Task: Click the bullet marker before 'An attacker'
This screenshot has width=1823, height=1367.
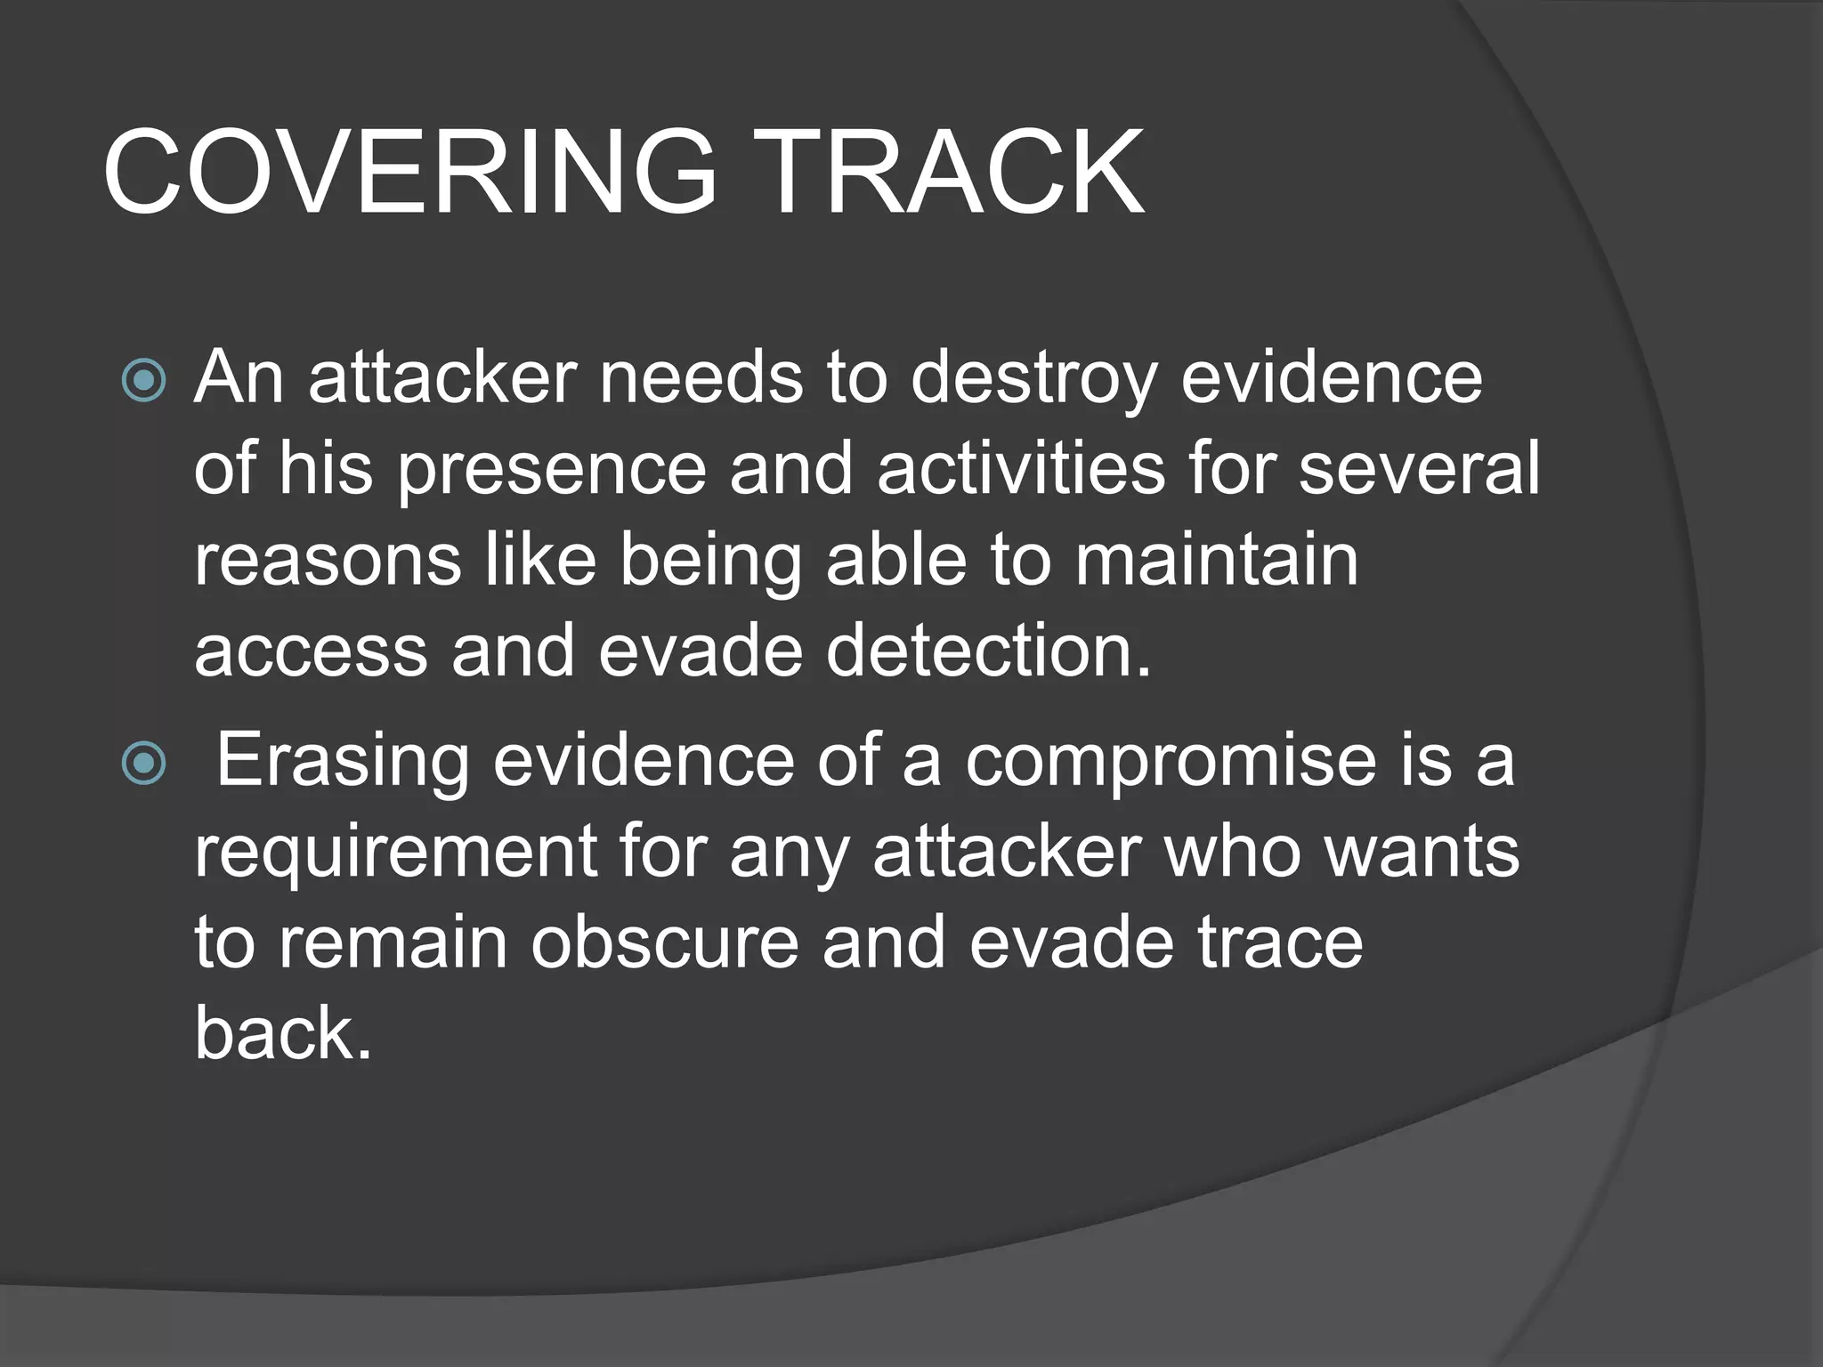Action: [144, 380]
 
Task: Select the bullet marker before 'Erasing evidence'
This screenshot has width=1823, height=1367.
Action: [144, 763]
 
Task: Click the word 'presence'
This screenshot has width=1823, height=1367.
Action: [551, 469]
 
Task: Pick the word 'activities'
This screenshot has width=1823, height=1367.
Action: [1020, 469]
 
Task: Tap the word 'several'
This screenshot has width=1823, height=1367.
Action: [1419, 469]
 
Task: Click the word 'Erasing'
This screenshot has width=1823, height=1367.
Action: [343, 761]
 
